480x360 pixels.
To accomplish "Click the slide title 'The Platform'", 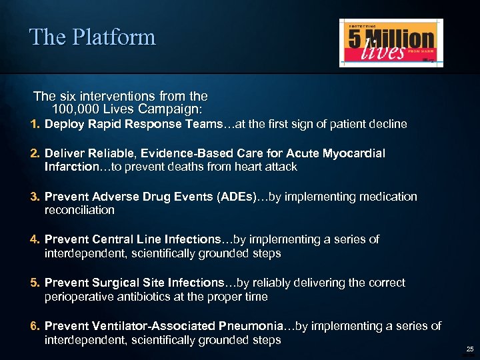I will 92,37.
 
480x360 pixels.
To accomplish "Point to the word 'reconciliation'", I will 79,210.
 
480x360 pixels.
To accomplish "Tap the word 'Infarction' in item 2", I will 71,167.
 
